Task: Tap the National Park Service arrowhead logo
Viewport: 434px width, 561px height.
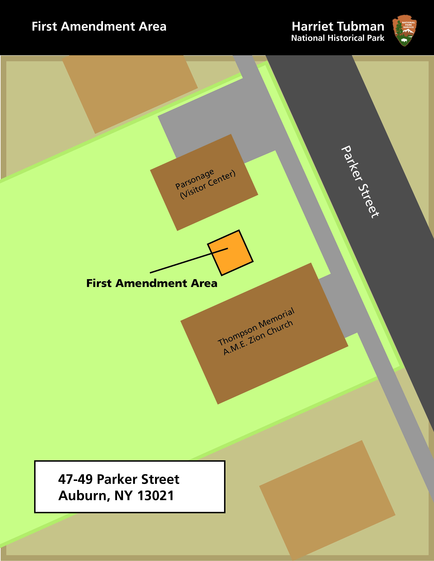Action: pyautogui.click(x=404, y=30)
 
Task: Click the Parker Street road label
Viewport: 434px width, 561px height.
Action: pyautogui.click(x=360, y=182)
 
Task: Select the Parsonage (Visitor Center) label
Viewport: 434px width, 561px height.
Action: pyautogui.click(x=205, y=184)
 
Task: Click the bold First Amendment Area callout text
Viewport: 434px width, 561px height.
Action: pyautogui.click(x=152, y=283)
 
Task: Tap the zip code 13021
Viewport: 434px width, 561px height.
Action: pyautogui.click(x=156, y=496)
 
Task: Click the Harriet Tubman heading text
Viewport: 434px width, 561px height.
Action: pyautogui.click(x=338, y=27)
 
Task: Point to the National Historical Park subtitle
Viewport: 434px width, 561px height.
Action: pyautogui.click(x=338, y=38)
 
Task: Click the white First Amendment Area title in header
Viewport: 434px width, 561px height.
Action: pyautogui.click(x=99, y=27)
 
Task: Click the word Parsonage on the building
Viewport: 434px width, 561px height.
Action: pyautogui.click(x=195, y=179)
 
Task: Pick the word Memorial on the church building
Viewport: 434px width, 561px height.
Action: pyautogui.click(x=276, y=318)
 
